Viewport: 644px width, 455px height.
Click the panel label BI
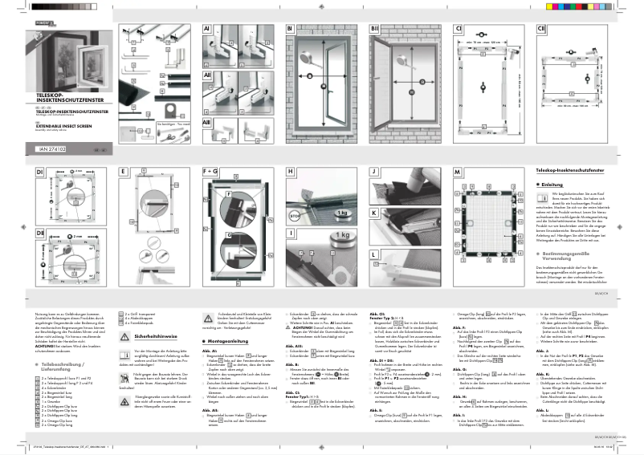click(290, 30)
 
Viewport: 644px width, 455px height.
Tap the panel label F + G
click(210, 172)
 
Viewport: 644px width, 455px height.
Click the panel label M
click(457, 173)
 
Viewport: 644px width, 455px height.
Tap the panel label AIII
click(207, 123)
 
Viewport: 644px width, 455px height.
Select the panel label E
click(123, 172)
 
